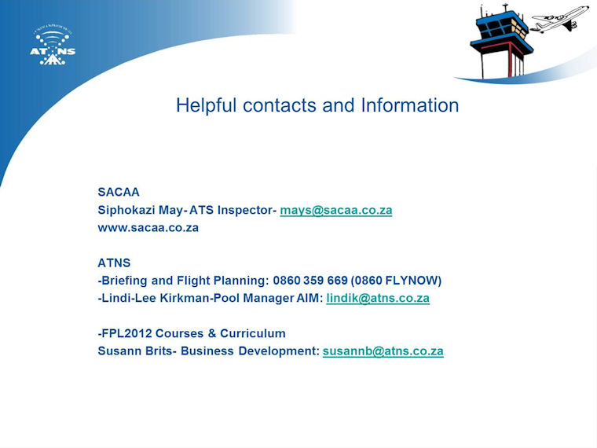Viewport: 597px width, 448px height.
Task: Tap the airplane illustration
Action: [x=559, y=19]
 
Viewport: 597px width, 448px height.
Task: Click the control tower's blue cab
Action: [x=500, y=28]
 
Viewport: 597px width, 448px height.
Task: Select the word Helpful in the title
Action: [x=206, y=105]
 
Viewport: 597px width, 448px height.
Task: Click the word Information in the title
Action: [x=410, y=105]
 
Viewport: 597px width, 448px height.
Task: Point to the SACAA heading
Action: [x=119, y=192]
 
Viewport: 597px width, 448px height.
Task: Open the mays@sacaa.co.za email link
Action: [x=336, y=210]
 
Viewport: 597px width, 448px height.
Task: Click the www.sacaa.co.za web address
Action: [x=148, y=228]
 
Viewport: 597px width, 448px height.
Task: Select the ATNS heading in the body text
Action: [x=114, y=263]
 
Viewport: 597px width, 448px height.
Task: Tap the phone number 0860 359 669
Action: [x=310, y=281]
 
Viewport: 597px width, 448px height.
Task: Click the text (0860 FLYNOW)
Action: [x=396, y=281]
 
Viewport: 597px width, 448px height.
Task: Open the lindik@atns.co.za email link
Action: [x=378, y=298]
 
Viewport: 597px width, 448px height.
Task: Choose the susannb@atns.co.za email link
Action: [x=383, y=351]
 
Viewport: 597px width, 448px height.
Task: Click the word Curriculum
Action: [x=253, y=333]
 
